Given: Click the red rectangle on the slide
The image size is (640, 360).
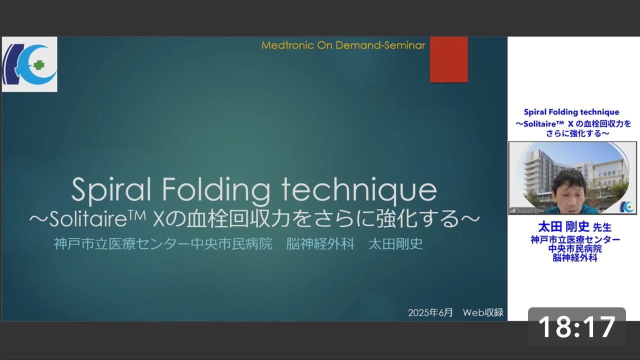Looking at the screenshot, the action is [449, 59].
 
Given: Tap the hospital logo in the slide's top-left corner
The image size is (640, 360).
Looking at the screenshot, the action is [29, 64].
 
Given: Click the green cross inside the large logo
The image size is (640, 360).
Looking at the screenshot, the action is [39, 65].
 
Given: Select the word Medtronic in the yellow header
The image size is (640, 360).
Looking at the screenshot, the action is [287, 45].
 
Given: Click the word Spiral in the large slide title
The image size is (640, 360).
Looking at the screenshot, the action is [111, 189].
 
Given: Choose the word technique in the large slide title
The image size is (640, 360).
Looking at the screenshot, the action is [359, 189].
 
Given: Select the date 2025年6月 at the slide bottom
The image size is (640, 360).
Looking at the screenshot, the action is [430, 312].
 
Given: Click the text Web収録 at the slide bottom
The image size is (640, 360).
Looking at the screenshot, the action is [483, 312].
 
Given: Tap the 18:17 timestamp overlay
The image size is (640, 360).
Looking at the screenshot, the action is [577, 326].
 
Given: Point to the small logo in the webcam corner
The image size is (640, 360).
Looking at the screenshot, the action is [626, 207].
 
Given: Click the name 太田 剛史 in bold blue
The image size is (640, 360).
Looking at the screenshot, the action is [563, 227].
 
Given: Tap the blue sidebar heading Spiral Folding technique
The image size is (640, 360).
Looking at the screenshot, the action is [571, 112].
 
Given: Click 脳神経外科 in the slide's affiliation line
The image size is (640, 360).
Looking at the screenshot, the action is [320, 244].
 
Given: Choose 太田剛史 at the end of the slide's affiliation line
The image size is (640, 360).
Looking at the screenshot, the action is [395, 244].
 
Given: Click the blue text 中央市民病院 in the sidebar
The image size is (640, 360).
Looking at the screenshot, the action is [575, 248].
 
